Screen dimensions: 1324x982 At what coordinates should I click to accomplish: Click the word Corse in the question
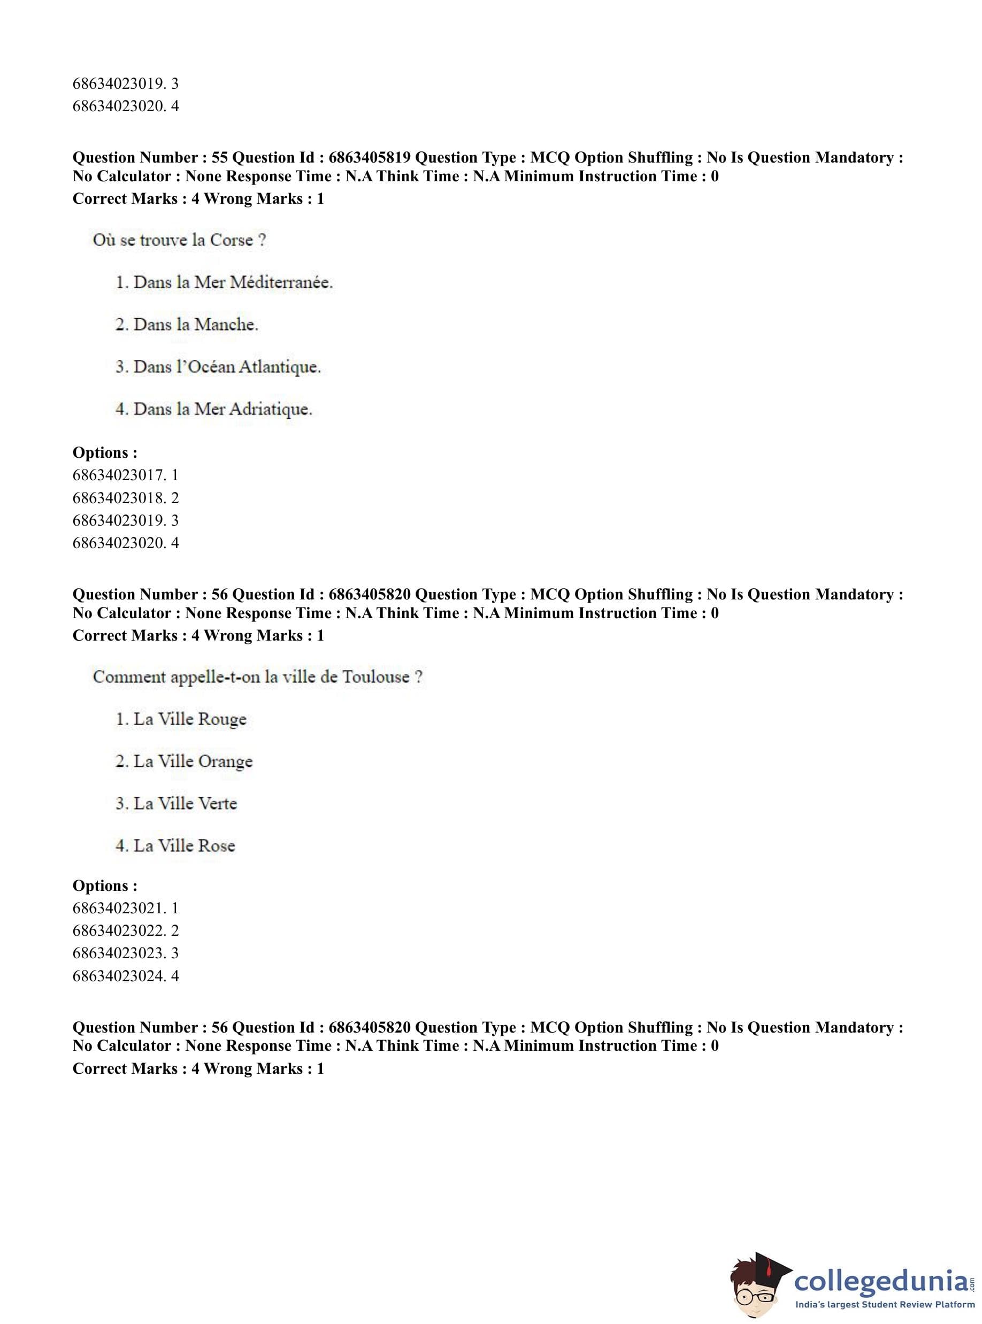click(x=231, y=240)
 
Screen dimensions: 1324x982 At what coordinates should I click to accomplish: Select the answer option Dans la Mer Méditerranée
click(x=224, y=282)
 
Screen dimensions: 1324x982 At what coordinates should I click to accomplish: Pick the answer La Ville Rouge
click(x=181, y=719)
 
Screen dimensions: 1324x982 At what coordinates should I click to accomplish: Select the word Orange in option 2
click(x=225, y=761)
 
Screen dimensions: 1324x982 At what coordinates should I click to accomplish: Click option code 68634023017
click(x=117, y=475)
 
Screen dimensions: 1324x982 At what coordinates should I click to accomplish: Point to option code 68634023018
click(x=117, y=497)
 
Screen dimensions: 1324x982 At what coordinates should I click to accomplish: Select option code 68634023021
click(x=117, y=908)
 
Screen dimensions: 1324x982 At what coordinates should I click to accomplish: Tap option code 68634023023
click(x=117, y=953)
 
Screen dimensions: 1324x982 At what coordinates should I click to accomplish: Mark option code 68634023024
click(x=117, y=976)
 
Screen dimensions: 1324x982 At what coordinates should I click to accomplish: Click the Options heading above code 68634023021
click(x=105, y=886)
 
